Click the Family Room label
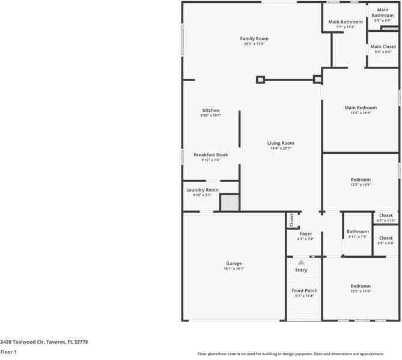[x=254, y=38]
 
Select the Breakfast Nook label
[x=211, y=155]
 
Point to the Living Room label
[x=281, y=143]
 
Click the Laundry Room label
[x=202, y=190]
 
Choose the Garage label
[x=234, y=264]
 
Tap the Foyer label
[x=305, y=234]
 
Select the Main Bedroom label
[x=361, y=108]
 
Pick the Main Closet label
[x=383, y=47]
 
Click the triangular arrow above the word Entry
[x=301, y=263]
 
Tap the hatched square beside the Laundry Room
[x=229, y=203]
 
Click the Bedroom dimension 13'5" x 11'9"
[x=361, y=291]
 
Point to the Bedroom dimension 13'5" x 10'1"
[x=361, y=185]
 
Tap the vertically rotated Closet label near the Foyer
[x=291, y=221]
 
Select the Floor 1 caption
[x=8, y=352]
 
